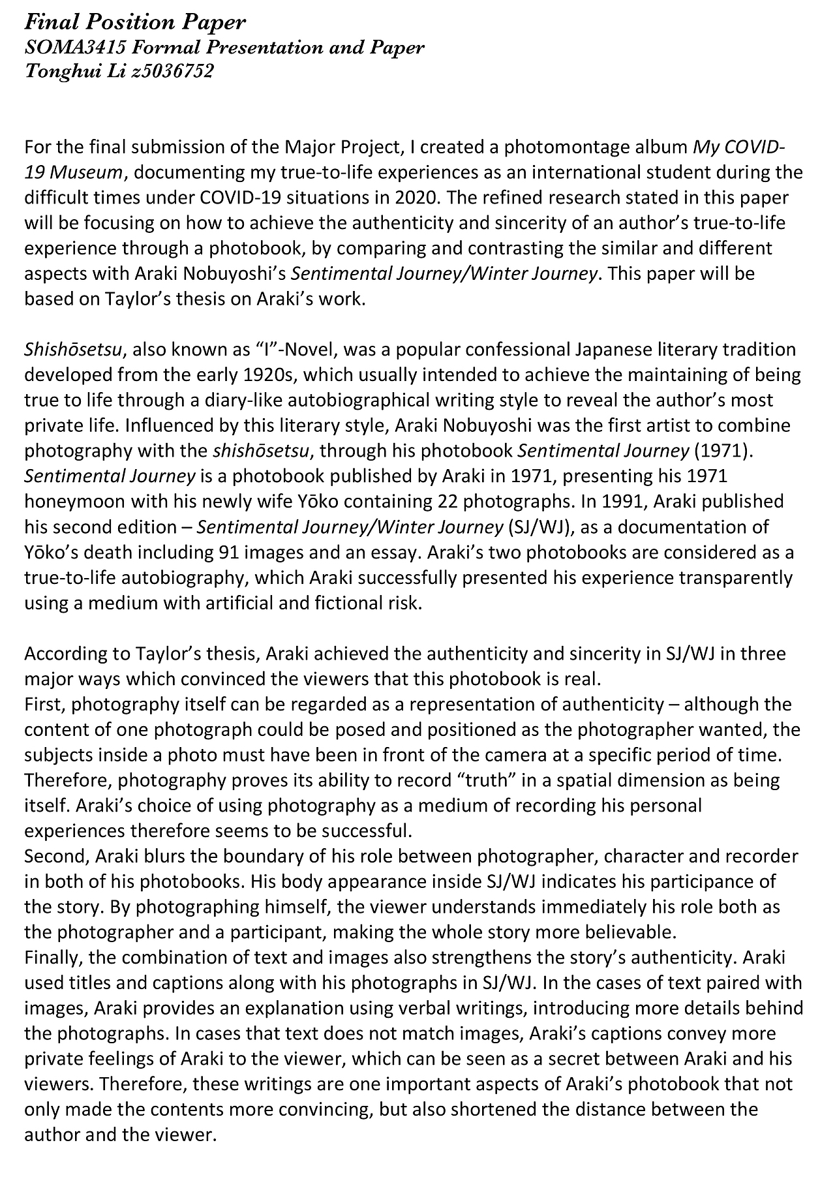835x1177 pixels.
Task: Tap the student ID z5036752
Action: tap(172, 71)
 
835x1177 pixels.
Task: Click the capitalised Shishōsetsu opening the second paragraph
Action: tap(73, 350)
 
